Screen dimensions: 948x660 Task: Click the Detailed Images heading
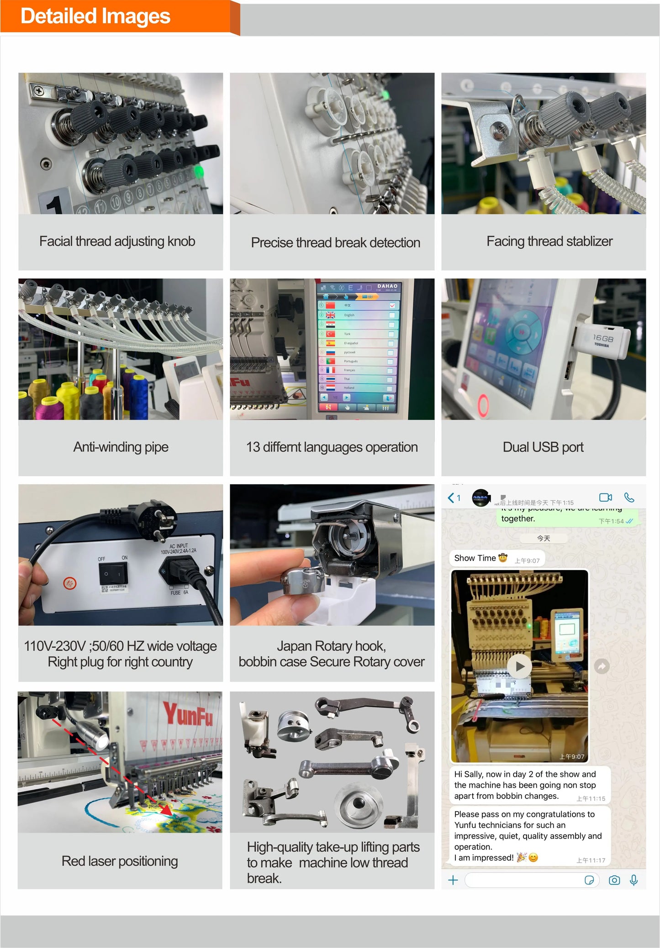[95, 16]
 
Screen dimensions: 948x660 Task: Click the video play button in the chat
[519, 666]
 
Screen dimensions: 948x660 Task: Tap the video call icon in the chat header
[605, 498]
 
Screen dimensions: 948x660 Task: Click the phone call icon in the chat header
[629, 498]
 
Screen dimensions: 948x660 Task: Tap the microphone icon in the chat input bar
[634, 880]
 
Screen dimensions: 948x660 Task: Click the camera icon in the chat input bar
[614, 880]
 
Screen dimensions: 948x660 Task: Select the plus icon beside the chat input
[453, 880]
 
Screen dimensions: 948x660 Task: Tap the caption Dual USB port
[543, 447]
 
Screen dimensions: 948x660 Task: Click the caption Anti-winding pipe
[121, 447]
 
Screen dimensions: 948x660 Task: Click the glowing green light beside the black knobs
[199, 172]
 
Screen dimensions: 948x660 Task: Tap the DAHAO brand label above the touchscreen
[387, 286]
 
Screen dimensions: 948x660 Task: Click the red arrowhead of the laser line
[166, 810]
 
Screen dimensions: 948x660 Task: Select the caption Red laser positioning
[120, 861]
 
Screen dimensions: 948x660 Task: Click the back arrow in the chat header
[451, 498]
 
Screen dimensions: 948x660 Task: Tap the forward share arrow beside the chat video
[602, 667]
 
